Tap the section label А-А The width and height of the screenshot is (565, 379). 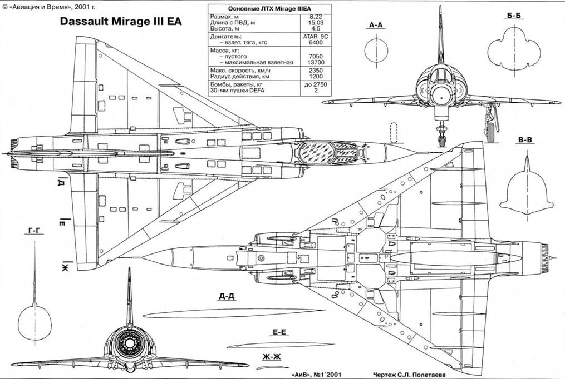(x=377, y=25)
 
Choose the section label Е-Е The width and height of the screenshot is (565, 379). (x=279, y=332)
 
